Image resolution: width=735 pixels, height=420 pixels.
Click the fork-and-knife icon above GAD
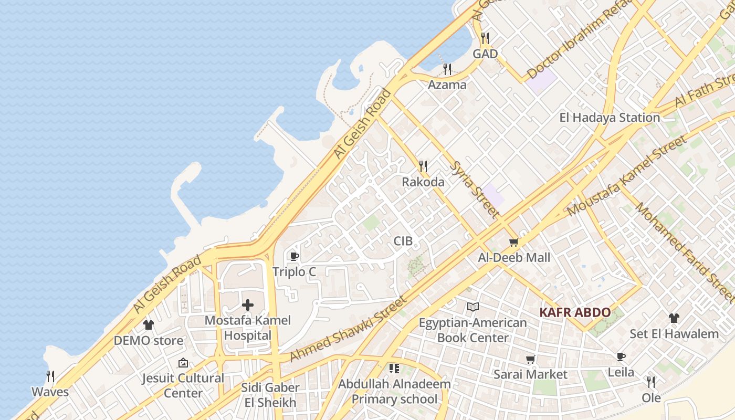pyautogui.click(x=485, y=38)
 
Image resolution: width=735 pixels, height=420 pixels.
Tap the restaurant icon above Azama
pyautogui.click(x=447, y=69)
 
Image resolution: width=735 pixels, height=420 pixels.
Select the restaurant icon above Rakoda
pyautogui.click(x=423, y=166)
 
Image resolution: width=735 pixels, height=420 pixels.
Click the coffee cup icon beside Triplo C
pyautogui.click(x=294, y=257)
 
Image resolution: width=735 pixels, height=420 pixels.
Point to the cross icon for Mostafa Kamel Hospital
pyautogui.click(x=248, y=305)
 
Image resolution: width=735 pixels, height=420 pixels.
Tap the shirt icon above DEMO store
pyautogui.click(x=149, y=325)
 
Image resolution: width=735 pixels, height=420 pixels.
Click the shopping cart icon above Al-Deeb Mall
pyautogui.click(x=514, y=242)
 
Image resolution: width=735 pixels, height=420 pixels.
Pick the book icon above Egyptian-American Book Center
pyautogui.click(x=472, y=307)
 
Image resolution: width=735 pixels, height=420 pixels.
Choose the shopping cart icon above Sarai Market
pyautogui.click(x=531, y=359)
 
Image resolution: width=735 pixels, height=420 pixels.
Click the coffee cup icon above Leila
pyautogui.click(x=621, y=357)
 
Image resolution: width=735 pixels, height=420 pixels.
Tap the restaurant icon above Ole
pyautogui.click(x=651, y=382)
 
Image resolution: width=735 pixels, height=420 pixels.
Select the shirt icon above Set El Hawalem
pyautogui.click(x=674, y=318)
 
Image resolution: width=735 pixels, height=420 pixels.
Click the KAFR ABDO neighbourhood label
pyautogui.click(x=575, y=313)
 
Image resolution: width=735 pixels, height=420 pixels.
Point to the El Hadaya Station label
pyautogui.click(x=610, y=118)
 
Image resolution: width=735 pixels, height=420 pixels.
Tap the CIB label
pyautogui.click(x=403, y=241)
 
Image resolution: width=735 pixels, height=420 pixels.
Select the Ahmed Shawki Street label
pyautogui.click(x=348, y=329)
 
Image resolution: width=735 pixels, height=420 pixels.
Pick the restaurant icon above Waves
pyautogui.click(x=50, y=376)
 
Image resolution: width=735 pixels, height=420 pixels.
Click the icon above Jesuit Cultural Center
pyautogui.click(x=183, y=363)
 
